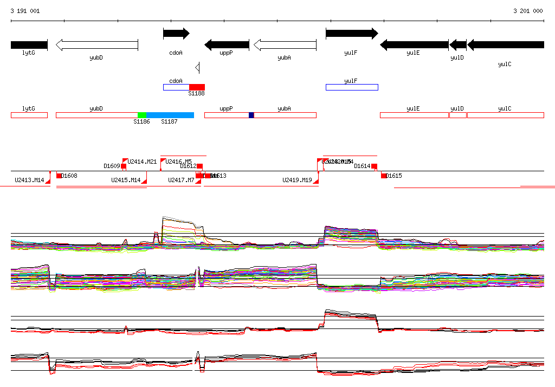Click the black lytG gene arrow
click(x=29, y=45)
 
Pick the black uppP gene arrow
click(x=227, y=45)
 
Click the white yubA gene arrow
click(x=285, y=45)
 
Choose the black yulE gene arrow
click(x=414, y=45)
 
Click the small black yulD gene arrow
click(x=458, y=45)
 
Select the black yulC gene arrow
click(x=505, y=45)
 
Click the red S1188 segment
click(x=197, y=87)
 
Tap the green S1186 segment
click(x=141, y=115)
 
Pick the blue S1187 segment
click(x=170, y=115)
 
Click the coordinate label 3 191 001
click(x=25, y=11)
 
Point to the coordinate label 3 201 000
click(x=528, y=11)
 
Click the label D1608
click(x=69, y=176)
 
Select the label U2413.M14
click(x=29, y=180)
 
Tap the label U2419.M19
click(x=297, y=180)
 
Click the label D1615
click(x=394, y=176)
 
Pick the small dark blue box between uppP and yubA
click(x=251, y=115)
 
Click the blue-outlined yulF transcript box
click(x=351, y=87)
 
